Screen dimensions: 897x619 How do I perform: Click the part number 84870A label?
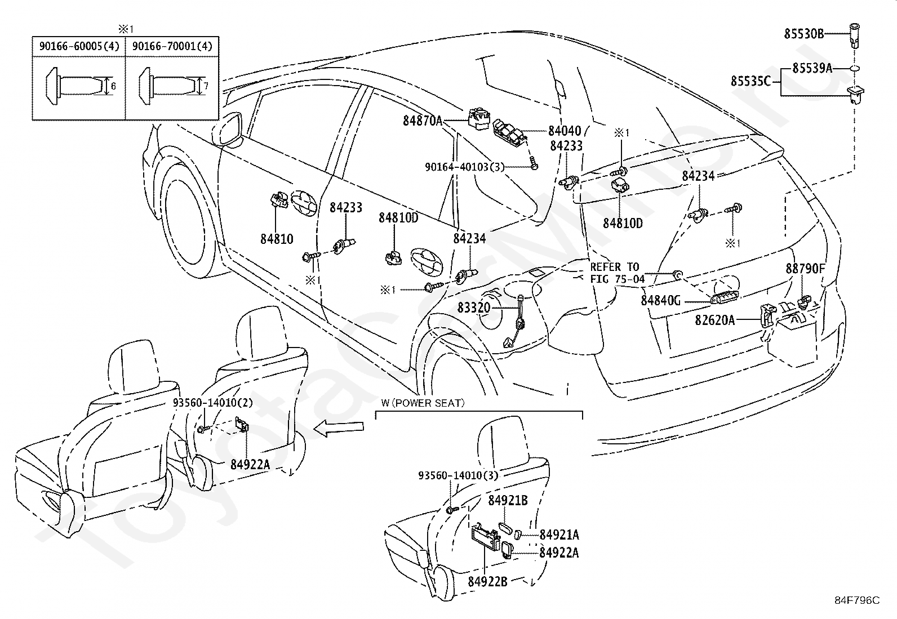(x=423, y=121)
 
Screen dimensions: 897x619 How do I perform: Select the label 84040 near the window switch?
(x=565, y=131)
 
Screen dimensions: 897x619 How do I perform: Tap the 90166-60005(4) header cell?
(x=79, y=46)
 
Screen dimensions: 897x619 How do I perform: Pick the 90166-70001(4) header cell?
(x=172, y=46)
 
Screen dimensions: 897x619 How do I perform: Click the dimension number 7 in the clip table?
(x=206, y=86)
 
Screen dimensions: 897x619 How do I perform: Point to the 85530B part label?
(x=804, y=34)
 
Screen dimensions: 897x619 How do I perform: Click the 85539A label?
(x=812, y=69)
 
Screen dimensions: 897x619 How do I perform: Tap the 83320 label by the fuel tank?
(x=474, y=308)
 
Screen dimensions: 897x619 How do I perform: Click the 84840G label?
(x=661, y=300)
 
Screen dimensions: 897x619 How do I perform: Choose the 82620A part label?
(x=715, y=320)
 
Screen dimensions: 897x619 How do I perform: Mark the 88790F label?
(x=805, y=268)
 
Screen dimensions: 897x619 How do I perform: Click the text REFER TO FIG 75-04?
(x=617, y=273)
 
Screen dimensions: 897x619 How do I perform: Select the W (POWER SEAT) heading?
(x=423, y=403)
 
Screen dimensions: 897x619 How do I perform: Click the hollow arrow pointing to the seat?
(x=339, y=427)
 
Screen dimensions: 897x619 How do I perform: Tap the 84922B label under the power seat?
(x=487, y=581)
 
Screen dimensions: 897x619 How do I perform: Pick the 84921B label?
(x=508, y=500)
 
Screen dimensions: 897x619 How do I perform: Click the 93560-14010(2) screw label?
(x=212, y=402)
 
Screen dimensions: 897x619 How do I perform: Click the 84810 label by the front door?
(x=277, y=239)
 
